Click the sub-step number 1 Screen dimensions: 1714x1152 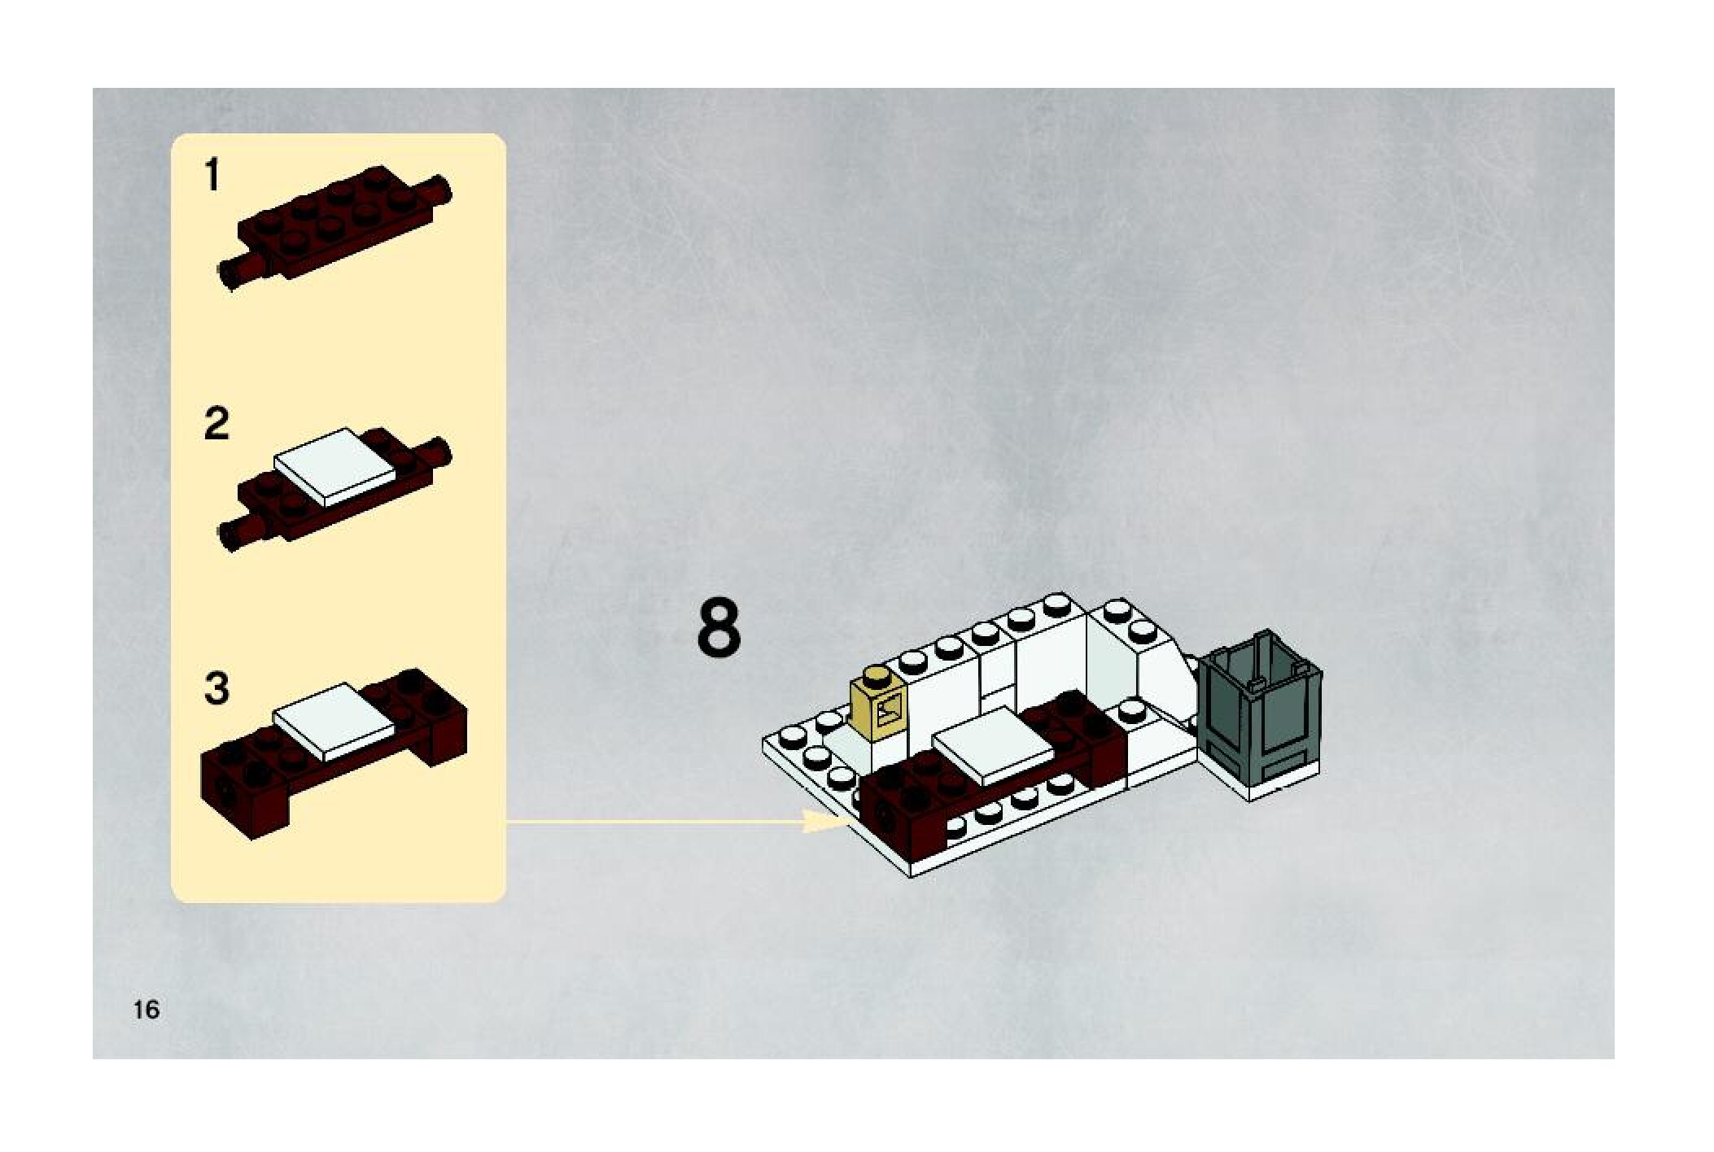point(212,175)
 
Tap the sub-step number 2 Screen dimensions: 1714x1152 point(216,425)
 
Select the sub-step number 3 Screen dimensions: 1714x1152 point(216,688)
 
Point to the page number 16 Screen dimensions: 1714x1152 point(146,1010)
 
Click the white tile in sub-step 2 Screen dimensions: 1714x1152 point(336,465)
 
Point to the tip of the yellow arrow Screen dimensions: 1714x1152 point(849,822)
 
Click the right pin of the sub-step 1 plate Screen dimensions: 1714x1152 point(440,190)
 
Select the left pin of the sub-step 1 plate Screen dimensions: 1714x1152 point(232,274)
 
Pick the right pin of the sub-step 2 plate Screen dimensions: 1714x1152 point(439,452)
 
